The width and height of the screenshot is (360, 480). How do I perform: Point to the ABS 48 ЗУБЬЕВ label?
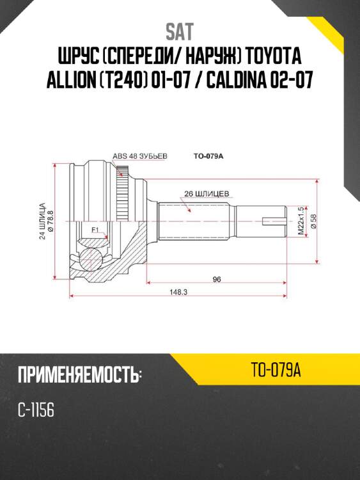(139, 156)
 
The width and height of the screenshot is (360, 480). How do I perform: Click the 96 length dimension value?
(216, 279)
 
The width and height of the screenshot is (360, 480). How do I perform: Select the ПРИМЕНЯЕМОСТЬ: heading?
(79, 374)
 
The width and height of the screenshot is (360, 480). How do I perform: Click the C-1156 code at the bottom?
(36, 410)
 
